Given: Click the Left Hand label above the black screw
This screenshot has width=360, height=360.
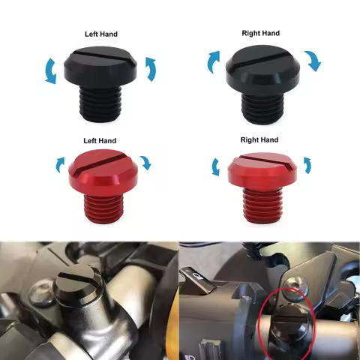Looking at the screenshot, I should click(x=102, y=34).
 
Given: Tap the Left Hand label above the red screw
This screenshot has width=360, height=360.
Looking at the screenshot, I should click(x=101, y=141).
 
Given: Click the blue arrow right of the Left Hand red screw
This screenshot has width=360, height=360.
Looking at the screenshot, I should click(x=145, y=162).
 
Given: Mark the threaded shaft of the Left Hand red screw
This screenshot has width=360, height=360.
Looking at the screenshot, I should click(x=103, y=203).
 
